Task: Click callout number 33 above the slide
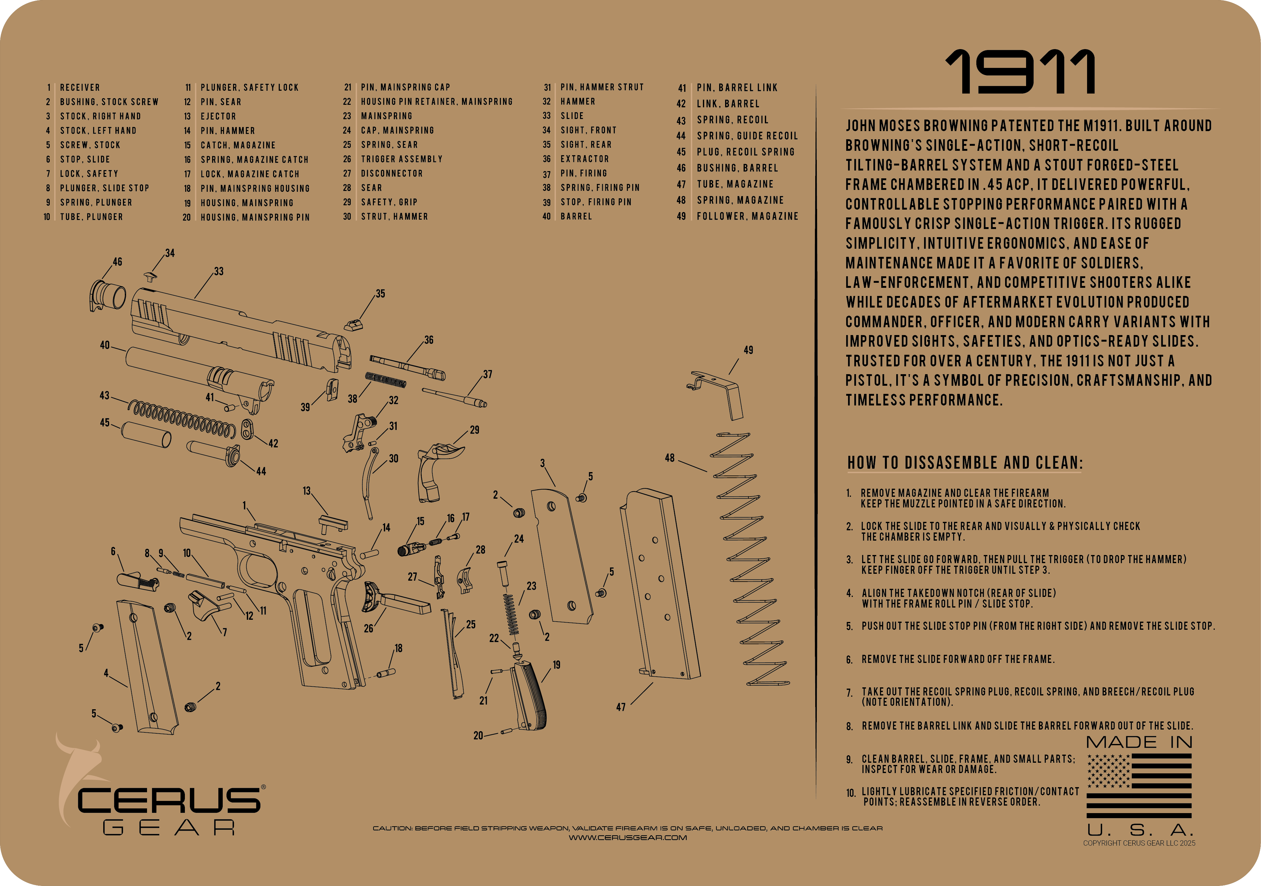tap(219, 271)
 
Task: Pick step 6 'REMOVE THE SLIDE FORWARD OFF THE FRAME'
tap(957, 659)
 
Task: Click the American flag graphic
tap(1138, 786)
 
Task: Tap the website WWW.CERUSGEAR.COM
tap(627, 838)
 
